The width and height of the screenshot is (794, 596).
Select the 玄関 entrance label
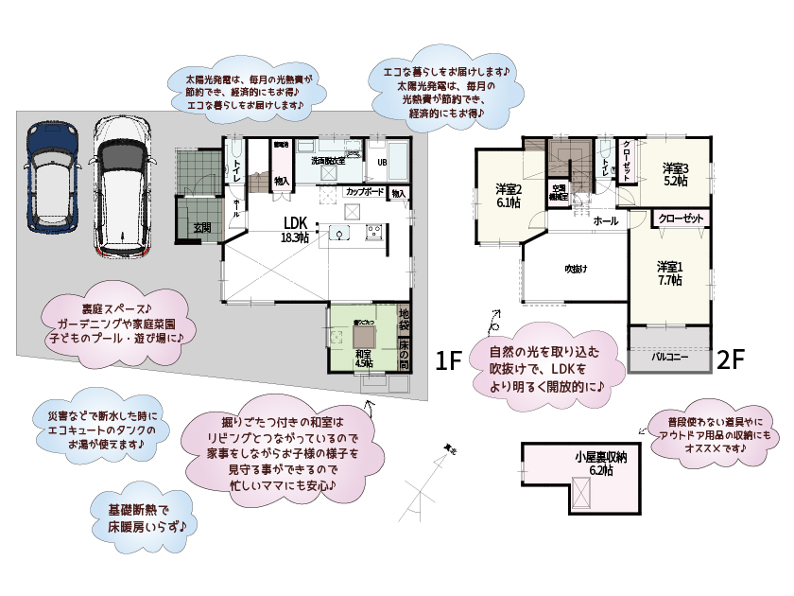202,227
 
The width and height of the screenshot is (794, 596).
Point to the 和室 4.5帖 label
364,357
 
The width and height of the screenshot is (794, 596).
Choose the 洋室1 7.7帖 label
671,272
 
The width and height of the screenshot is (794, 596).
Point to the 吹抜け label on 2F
577,270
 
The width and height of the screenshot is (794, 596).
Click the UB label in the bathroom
382,162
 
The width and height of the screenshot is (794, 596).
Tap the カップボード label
364,192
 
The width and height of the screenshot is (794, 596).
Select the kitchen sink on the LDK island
342,234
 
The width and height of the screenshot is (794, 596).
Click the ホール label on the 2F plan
605,220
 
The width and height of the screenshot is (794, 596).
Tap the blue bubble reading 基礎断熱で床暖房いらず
140,514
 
